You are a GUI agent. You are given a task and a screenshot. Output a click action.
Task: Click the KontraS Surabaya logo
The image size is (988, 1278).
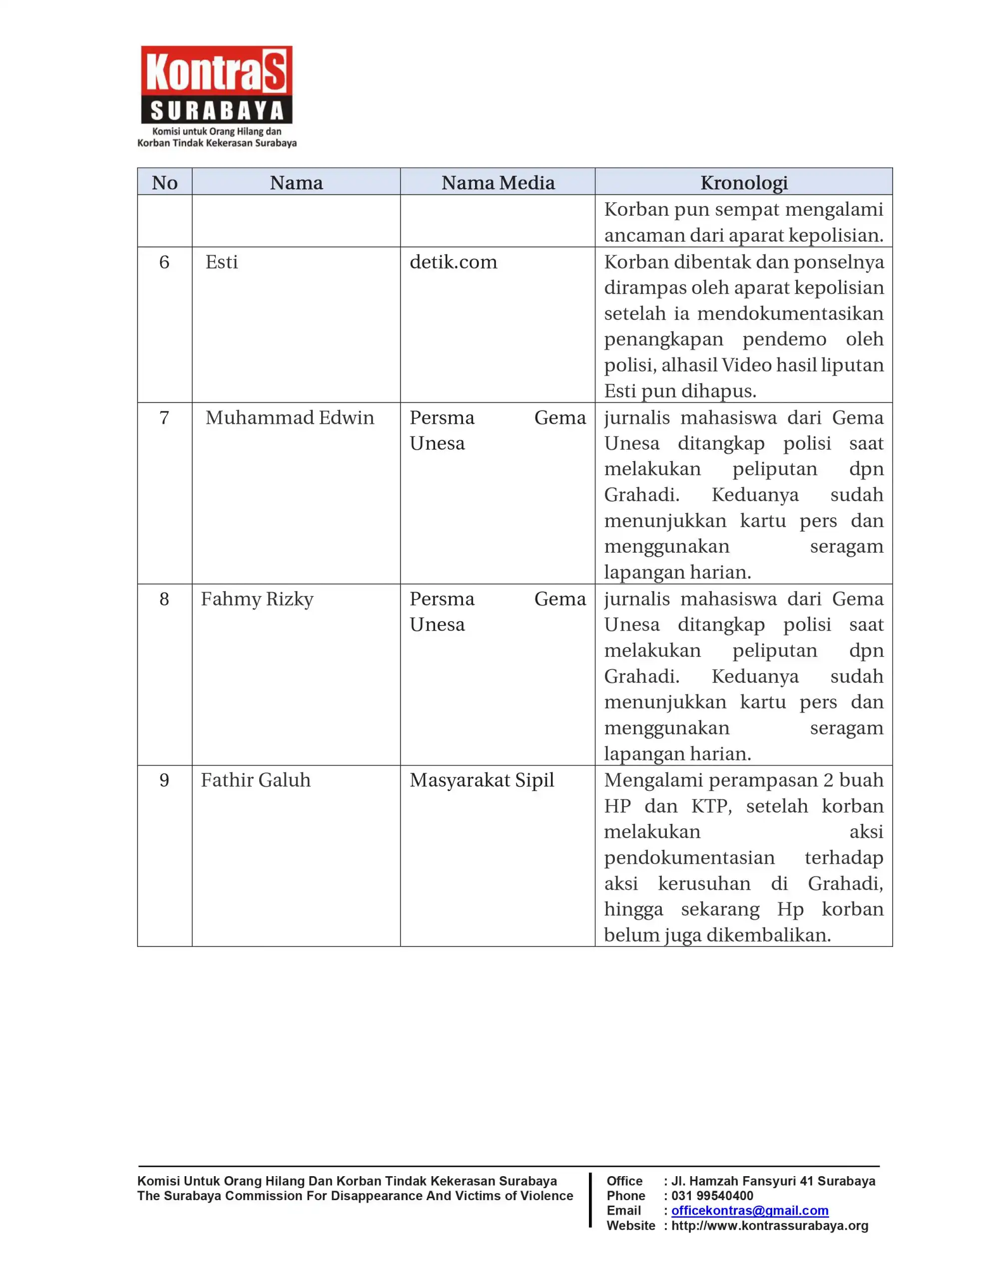click(216, 95)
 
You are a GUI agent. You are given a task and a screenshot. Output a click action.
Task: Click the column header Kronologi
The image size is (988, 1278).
click(743, 183)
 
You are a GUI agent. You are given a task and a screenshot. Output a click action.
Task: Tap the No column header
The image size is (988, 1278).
click(164, 183)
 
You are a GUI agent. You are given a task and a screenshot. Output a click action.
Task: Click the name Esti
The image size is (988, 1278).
click(221, 262)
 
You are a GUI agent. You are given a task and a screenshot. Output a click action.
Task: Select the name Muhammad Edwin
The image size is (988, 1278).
click(289, 417)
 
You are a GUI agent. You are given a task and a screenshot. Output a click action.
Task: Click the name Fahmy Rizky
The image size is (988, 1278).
click(257, 599)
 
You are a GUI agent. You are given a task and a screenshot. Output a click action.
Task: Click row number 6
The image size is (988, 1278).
click(164, 262)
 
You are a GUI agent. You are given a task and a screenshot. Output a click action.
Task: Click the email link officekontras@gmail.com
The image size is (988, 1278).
click(750, 1210)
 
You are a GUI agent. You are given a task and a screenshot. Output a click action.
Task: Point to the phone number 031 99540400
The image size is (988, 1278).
click(712, 1196)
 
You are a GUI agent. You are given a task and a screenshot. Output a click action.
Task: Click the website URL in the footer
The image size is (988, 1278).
click(770, 1226)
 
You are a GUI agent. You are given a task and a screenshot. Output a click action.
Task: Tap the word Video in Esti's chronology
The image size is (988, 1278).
click(745, 364)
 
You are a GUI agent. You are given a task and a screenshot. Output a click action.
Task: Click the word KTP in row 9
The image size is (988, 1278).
click(711, 806)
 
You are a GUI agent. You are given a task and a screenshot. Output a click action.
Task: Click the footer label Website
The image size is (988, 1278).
click(630, 1226)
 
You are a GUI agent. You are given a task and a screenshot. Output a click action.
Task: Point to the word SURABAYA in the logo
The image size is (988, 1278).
click(217, 111)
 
